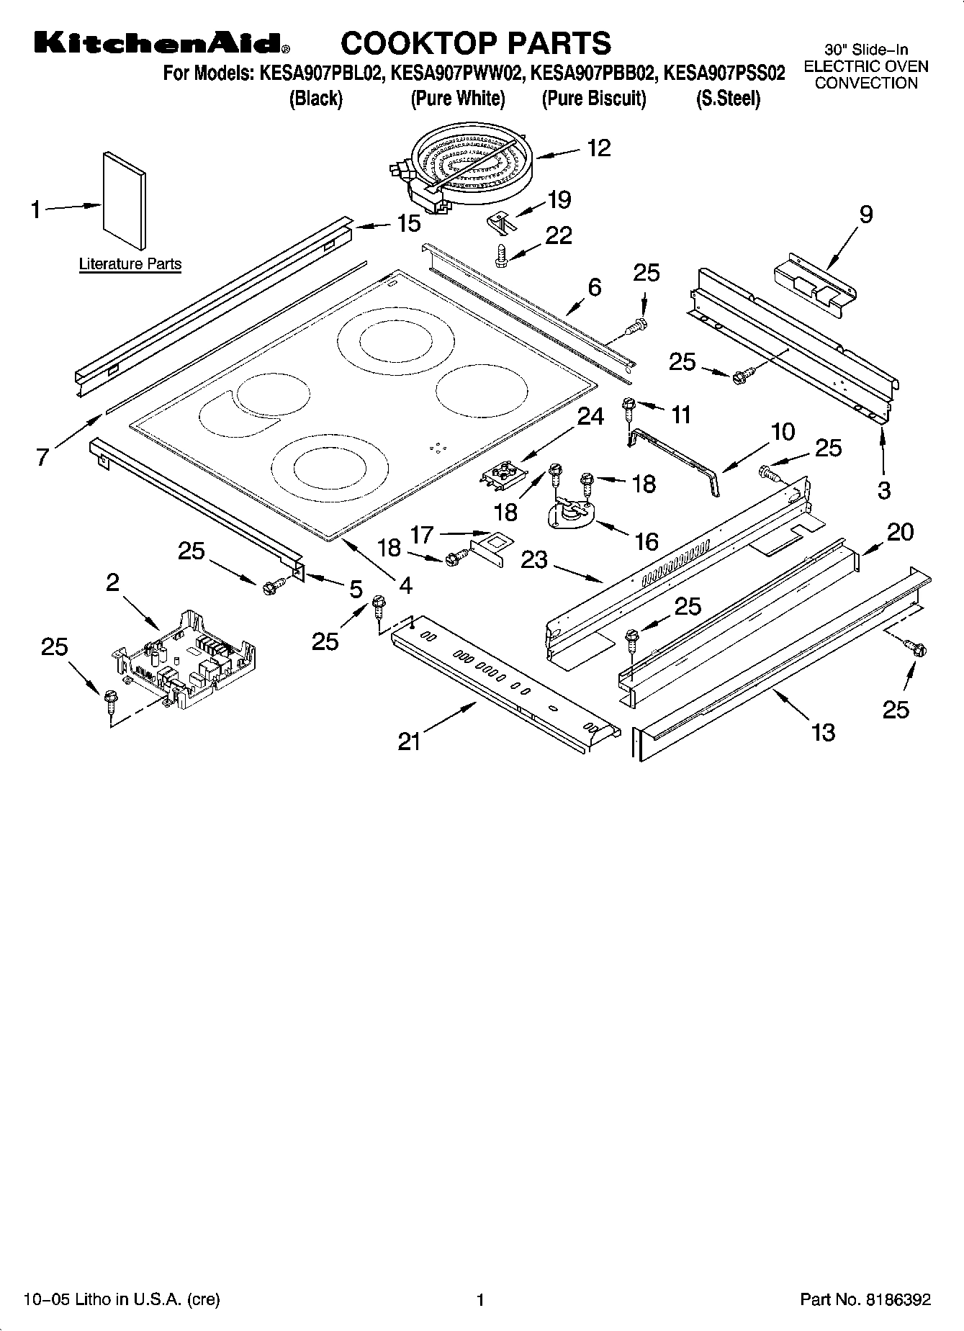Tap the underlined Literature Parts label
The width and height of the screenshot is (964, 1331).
pyautogui.click(x=130, y=264)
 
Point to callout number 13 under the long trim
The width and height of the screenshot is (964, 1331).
pyautogui.click(x=823, y=732)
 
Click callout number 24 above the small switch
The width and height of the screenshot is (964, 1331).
pyautogui.click(x=590, y=417)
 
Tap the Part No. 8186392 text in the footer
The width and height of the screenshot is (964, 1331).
pyautogui.click(x=865, y=1299)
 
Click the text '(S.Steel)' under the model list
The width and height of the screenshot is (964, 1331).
pyautogui.click(x=727, y=99)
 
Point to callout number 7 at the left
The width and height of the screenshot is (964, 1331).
pyautogui.click(x=44, y=456)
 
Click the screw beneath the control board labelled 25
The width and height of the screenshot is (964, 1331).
pyautogui.click(x=110, y=698)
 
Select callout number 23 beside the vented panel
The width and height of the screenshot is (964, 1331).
pyautogui.click(x=534, y=559)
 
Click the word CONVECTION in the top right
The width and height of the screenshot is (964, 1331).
pyautogui.click(x=866, y=83)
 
